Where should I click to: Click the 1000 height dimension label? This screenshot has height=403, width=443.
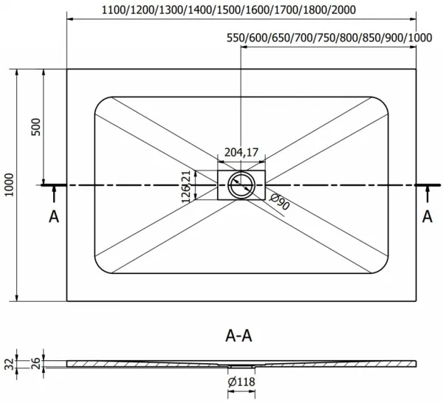[x=10, y=185]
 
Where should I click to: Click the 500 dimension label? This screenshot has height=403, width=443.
[x=36, y=127]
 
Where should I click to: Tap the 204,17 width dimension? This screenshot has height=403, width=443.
[x=241, y=153]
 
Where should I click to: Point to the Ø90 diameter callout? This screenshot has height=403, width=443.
[x=279, y=201]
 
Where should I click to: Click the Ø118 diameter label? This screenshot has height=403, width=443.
[x=241, y=382]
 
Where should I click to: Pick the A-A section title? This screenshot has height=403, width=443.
[x=238, y=336]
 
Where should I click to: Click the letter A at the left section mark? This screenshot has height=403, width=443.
[x=54, y=217]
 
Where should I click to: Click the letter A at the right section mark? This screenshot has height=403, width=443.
[x=427, y=217]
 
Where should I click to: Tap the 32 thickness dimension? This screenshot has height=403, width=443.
[x=10, y=364]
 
